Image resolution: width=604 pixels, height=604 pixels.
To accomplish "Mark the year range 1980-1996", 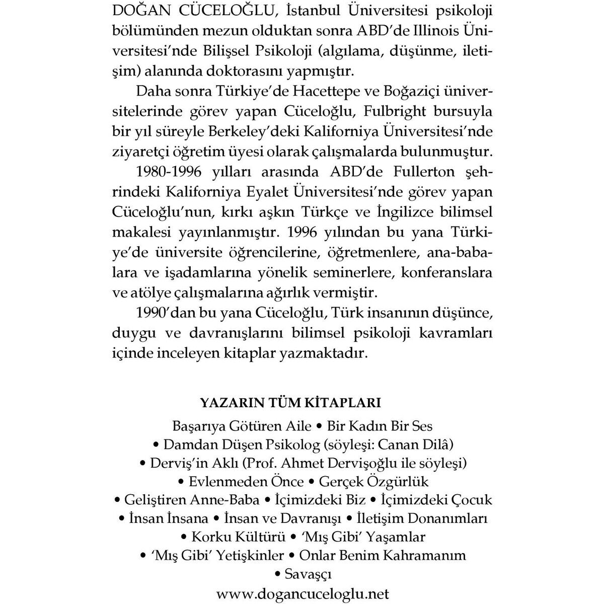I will [x=169, y=172].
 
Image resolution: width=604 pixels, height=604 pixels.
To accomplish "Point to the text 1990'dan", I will [x=166, y=313].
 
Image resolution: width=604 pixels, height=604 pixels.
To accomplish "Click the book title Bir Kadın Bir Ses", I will [x=380, y=426].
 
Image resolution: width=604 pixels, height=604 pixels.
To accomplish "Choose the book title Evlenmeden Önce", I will [x=246, y=482].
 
